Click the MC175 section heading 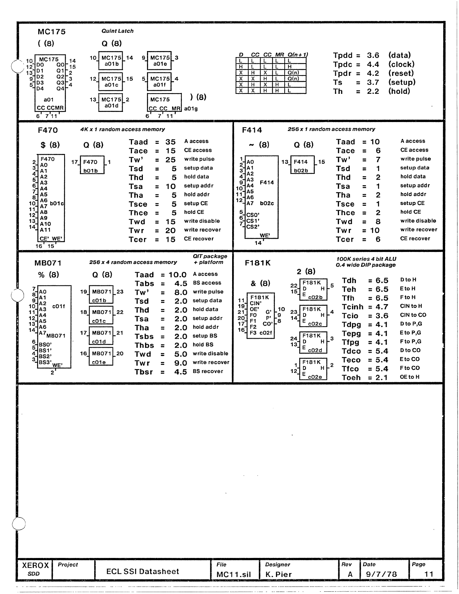(52, 32)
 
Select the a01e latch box (159, 61)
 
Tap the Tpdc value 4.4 (373, 65)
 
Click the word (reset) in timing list (401, 74)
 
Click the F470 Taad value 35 (170, 142)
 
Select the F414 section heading (252, 130)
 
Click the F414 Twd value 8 (378, 222)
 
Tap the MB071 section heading (48, 263)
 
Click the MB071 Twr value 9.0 (180, 363)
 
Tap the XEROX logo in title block (35, 565)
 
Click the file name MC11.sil (233, 574)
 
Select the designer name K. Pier (278, 574)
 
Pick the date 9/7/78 (381, 574)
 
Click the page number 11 (429, 574)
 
